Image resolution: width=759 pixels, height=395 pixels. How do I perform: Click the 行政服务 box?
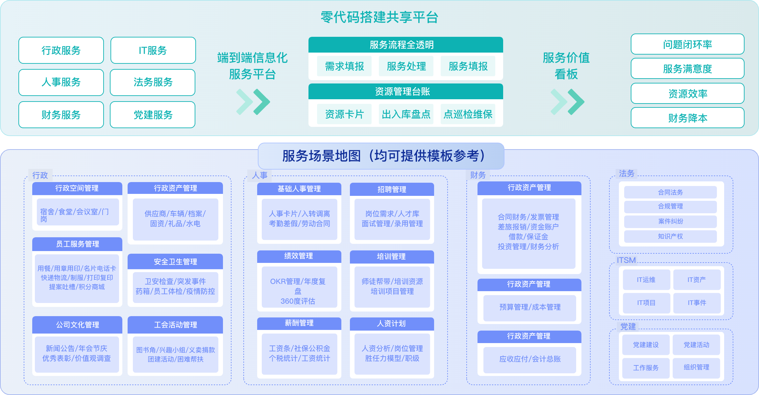[x=61, y=50]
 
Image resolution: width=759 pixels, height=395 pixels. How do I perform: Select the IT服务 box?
[x=153, y=50]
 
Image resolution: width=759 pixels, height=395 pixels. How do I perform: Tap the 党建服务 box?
[x=153, y=115]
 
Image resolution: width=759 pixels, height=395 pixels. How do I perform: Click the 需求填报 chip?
[x=344, y=66]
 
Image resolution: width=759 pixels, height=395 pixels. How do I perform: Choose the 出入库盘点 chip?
[x=406, y=114]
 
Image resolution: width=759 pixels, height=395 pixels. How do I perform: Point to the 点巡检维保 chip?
[x=468, y=114]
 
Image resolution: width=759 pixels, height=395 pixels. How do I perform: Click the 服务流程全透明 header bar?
[x=406, y=45]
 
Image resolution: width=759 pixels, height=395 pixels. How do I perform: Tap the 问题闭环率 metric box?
[x=688, y=44]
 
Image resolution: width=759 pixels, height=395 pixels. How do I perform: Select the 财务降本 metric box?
[x=688, y=118]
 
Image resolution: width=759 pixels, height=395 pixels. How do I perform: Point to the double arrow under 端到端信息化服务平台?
[x=253, y=102]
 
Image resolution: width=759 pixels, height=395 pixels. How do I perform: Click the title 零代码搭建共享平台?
[x=379, y=17]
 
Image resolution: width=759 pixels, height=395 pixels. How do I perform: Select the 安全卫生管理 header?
[x=175, y=262]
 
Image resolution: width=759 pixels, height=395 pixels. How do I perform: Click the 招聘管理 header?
[x=392, y=189]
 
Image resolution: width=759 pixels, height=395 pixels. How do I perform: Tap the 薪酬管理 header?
[x=299, y=323]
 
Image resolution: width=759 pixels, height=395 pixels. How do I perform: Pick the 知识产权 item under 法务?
[x=671, y=236]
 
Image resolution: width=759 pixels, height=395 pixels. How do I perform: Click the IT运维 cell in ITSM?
[x=646, y=280]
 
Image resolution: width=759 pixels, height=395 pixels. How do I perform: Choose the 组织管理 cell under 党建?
[x=697, y=367]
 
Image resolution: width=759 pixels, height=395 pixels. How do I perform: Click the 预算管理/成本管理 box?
[x=530, y=307]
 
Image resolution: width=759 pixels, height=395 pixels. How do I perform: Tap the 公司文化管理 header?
[x=77, y=325]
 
